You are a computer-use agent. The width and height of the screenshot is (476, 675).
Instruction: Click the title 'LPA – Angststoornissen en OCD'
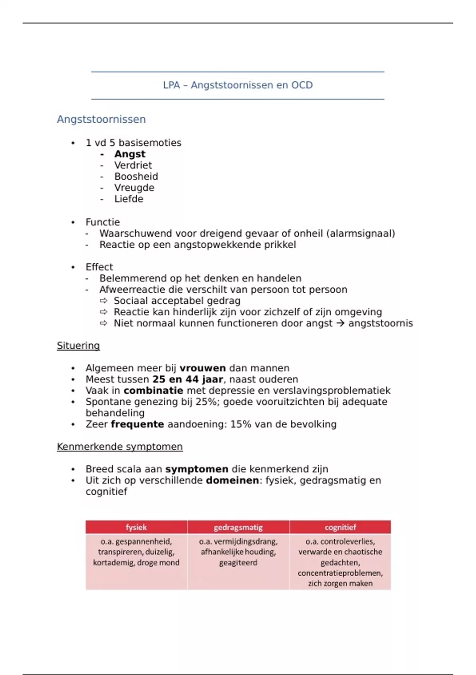click(238, 85)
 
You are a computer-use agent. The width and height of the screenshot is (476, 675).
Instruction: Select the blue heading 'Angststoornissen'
click(101, 119)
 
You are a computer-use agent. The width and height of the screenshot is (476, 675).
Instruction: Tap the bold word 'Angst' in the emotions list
click(130, 154)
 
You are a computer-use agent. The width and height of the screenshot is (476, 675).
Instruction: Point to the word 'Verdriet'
click(133, 165)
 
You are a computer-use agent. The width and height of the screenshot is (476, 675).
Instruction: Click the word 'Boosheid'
click(136, 176)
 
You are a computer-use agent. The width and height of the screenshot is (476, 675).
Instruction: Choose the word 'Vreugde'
click(134, 188)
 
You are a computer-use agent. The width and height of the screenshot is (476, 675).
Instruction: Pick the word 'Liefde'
click(129, 199)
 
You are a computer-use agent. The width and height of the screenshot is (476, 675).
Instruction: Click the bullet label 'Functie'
click(102, 222)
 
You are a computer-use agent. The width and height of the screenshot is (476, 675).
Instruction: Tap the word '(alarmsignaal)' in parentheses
click(361, 233)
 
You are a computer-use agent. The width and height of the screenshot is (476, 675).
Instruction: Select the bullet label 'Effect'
click(99, 267)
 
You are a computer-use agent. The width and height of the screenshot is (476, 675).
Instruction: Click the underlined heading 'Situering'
click(78, 345)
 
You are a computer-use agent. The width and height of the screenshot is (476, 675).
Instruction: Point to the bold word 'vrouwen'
click(202, 368)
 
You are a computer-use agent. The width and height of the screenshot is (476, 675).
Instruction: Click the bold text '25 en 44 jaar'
click(188, 379)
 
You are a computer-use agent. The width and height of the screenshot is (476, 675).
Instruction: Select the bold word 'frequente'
click(137, 424)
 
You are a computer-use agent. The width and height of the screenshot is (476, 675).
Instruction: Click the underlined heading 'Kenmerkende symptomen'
click(119, 447)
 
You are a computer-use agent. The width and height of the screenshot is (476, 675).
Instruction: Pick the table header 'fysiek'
click(136, 527)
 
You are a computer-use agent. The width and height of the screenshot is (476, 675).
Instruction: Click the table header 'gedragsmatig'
click(238, 527)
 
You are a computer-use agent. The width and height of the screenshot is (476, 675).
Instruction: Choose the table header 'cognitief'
click(340, 527)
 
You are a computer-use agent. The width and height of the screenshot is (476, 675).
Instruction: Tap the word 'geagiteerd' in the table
click(238, 563)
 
